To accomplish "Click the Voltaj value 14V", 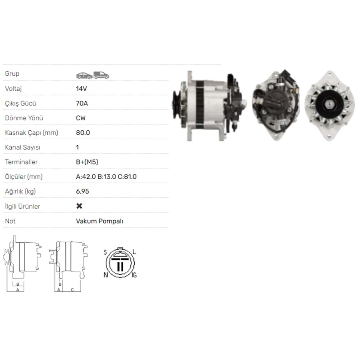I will click(x=82, y=89).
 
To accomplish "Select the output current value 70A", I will click(x=82, y=103).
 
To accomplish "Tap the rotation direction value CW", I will click(x=81, y=118).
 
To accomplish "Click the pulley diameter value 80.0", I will click(x=83, y=133).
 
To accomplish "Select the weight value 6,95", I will click(x=82, y=192).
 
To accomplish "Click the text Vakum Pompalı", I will click(x=99, y=221).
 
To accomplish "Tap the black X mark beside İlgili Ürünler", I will click(x=80, y=206).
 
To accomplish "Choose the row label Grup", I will click(x=12, y=74).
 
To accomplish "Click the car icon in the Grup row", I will click(x=84, y=75).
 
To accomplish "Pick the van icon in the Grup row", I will click(x=101, y=75).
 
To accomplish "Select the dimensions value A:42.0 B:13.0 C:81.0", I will click(x=106, y=177).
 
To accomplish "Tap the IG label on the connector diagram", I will click(x=134, y=275).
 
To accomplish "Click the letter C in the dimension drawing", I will click(x=72, y=289).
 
